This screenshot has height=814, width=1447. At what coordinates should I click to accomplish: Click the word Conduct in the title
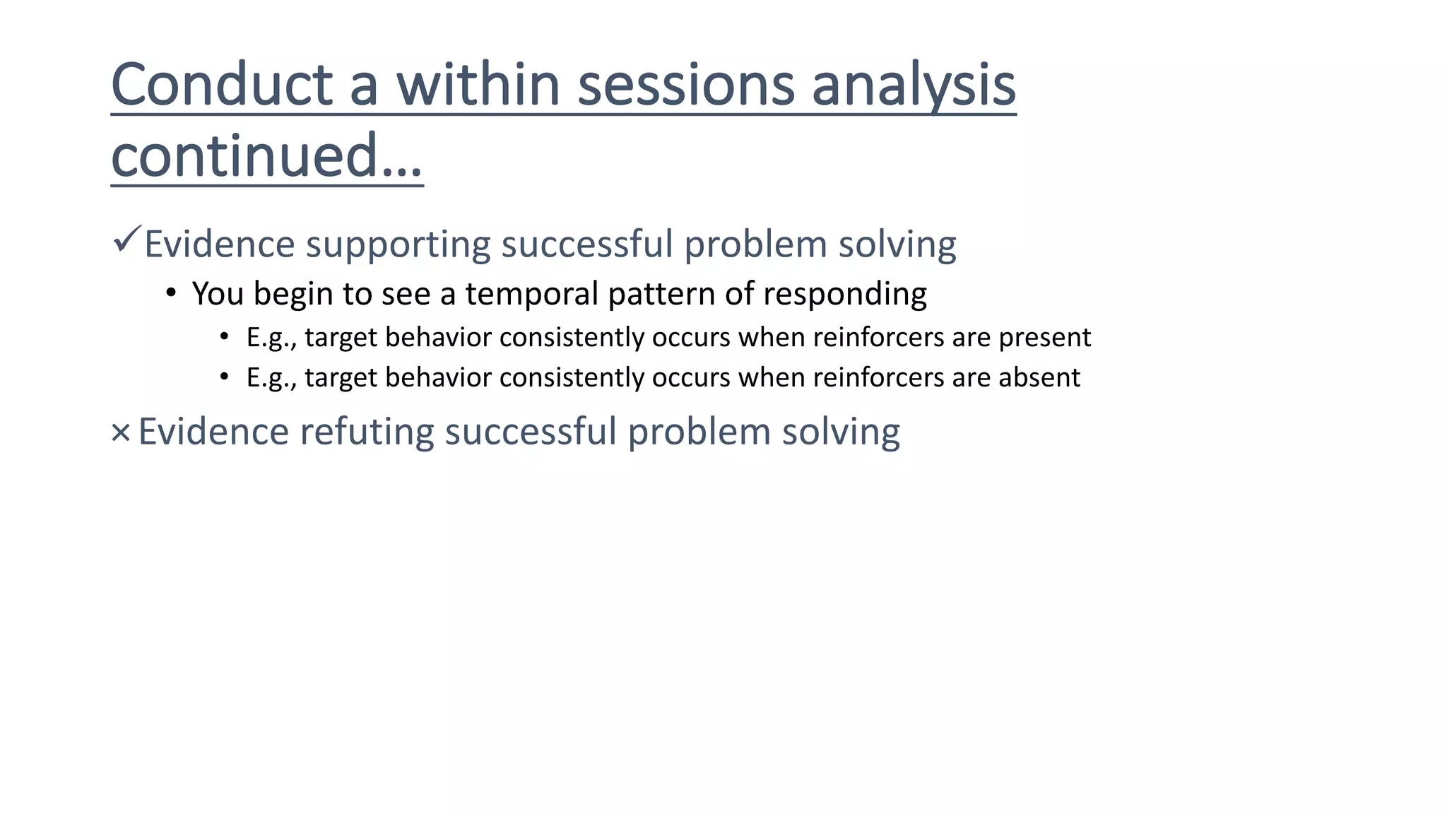tap(222, 85)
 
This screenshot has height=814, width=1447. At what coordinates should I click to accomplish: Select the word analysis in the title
tap(914, 85)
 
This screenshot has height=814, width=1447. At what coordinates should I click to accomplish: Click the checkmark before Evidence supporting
tap(126, 240)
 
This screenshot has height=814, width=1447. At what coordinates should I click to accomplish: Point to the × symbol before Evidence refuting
tap(121, 432)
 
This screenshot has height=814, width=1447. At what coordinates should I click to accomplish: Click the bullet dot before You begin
tap(170, 293)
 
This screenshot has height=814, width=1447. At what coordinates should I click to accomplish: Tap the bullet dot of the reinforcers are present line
tap(224, 336)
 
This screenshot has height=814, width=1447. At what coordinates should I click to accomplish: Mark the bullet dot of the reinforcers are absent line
tap(224, 377)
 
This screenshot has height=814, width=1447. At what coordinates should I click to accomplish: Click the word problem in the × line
tap(699, 432)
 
